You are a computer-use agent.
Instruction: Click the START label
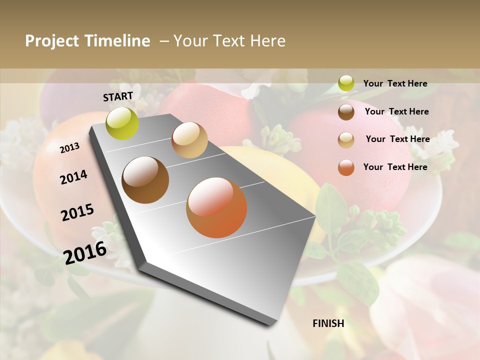118,96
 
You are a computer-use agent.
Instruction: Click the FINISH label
328,323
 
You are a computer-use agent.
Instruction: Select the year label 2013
69,147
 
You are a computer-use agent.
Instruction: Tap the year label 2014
73,177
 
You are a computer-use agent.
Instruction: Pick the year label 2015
77,212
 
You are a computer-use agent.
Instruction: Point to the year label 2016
85,252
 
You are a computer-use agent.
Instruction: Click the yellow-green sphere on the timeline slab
122,123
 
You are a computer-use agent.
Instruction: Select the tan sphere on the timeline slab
189,140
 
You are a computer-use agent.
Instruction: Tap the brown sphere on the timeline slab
145,180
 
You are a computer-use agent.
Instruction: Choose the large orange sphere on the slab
216,207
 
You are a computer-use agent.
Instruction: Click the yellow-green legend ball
346,83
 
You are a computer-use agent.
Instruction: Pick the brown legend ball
346,111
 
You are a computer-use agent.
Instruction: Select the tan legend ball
346,139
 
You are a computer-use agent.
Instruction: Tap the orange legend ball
346,167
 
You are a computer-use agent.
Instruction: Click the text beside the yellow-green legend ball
395,83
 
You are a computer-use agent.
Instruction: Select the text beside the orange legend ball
395,167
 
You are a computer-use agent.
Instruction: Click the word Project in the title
52,41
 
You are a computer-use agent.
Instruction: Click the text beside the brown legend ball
396,111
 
